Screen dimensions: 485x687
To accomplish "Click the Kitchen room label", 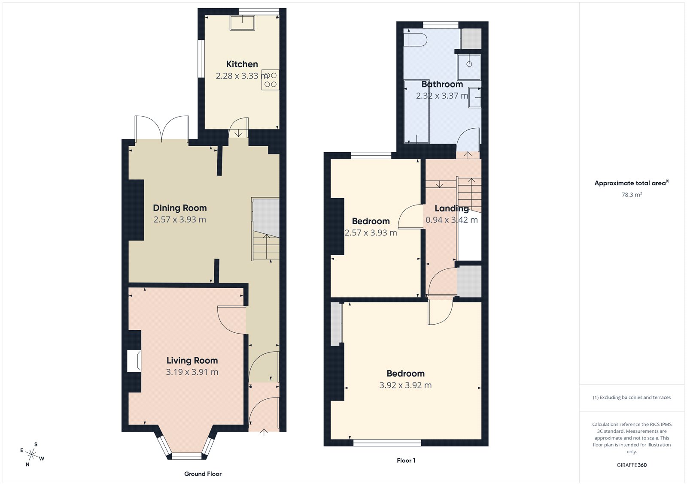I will (242, 64).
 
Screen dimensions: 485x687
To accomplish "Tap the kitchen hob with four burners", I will (270, 80).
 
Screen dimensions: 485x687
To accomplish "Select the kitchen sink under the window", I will (242, 23).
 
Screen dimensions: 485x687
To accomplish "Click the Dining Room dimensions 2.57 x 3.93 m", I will (179, 220).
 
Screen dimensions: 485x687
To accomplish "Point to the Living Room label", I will (192, 361).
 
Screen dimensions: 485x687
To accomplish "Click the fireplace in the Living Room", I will (134, 361).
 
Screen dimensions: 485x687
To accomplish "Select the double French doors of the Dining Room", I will (161, 129).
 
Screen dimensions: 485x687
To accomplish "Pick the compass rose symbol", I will (32, 454).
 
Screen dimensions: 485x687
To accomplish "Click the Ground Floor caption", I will (203, 474).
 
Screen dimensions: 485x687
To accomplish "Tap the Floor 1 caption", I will (406, 461).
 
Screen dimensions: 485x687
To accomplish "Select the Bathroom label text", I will (442, 84).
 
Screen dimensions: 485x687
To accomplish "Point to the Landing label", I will (451, 208).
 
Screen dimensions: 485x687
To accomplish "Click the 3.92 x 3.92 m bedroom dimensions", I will (405, 386).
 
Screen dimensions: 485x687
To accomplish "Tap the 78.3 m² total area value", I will (632, 195).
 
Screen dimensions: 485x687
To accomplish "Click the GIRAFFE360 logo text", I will (632, 465).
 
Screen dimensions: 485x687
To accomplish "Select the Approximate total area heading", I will (630, 183).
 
